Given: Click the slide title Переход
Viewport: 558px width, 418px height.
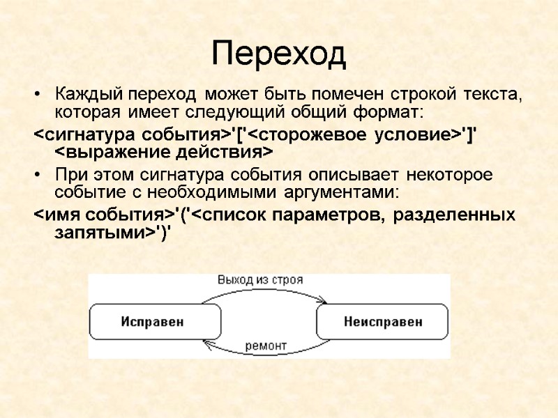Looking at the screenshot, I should point(278,54).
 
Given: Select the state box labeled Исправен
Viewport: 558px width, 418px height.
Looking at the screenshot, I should point(151,321).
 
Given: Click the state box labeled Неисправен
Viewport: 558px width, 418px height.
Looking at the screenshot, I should point(382,321).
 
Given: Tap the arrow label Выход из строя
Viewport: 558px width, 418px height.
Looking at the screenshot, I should point(259,280).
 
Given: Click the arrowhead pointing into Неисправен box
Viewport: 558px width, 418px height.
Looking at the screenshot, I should point(322,301).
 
